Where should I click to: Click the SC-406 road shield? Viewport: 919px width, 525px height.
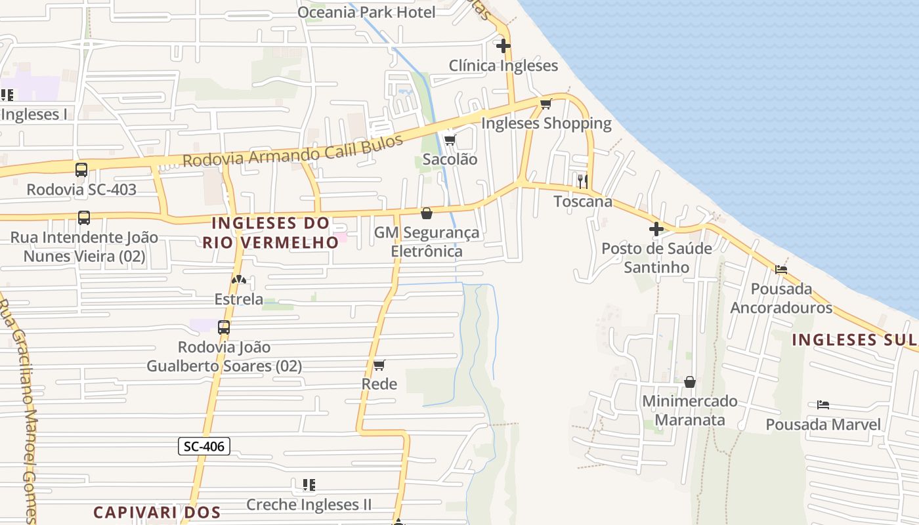(x=204, y=447)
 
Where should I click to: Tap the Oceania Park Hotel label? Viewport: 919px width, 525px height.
(x=366, y=12)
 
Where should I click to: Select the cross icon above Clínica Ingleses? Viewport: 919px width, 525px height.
(x=503, y=46)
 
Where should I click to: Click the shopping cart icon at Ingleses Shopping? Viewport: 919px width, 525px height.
(x=545, y=104)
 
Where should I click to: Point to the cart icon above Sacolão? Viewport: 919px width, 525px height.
(x=450, y=140)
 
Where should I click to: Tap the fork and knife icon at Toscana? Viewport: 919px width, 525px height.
(x=582, y=181)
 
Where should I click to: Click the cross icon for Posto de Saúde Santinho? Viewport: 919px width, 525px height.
(x=656, y=229)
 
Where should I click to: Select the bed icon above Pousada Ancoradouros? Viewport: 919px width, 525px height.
(x=781, y=269)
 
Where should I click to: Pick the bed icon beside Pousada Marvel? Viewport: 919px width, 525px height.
(x=823, y=405)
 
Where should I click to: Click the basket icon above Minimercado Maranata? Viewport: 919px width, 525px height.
(x=690, y=382)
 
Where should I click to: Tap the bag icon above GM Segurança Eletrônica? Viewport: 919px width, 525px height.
(x=427, y=213)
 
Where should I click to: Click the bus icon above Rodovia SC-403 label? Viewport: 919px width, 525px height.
(x=81, y=170)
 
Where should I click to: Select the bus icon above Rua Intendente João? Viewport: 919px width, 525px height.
(x=84, y=218)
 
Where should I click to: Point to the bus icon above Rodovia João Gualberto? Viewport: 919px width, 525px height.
(x=224, y=327)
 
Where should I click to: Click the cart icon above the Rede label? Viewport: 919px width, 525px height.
(x=379, y=365)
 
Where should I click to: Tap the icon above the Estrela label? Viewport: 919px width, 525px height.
(x=238, y=280)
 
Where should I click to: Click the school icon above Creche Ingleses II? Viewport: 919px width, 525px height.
(x=309, y=485)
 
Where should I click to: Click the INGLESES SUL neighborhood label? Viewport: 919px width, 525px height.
(x=854, y=340)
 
